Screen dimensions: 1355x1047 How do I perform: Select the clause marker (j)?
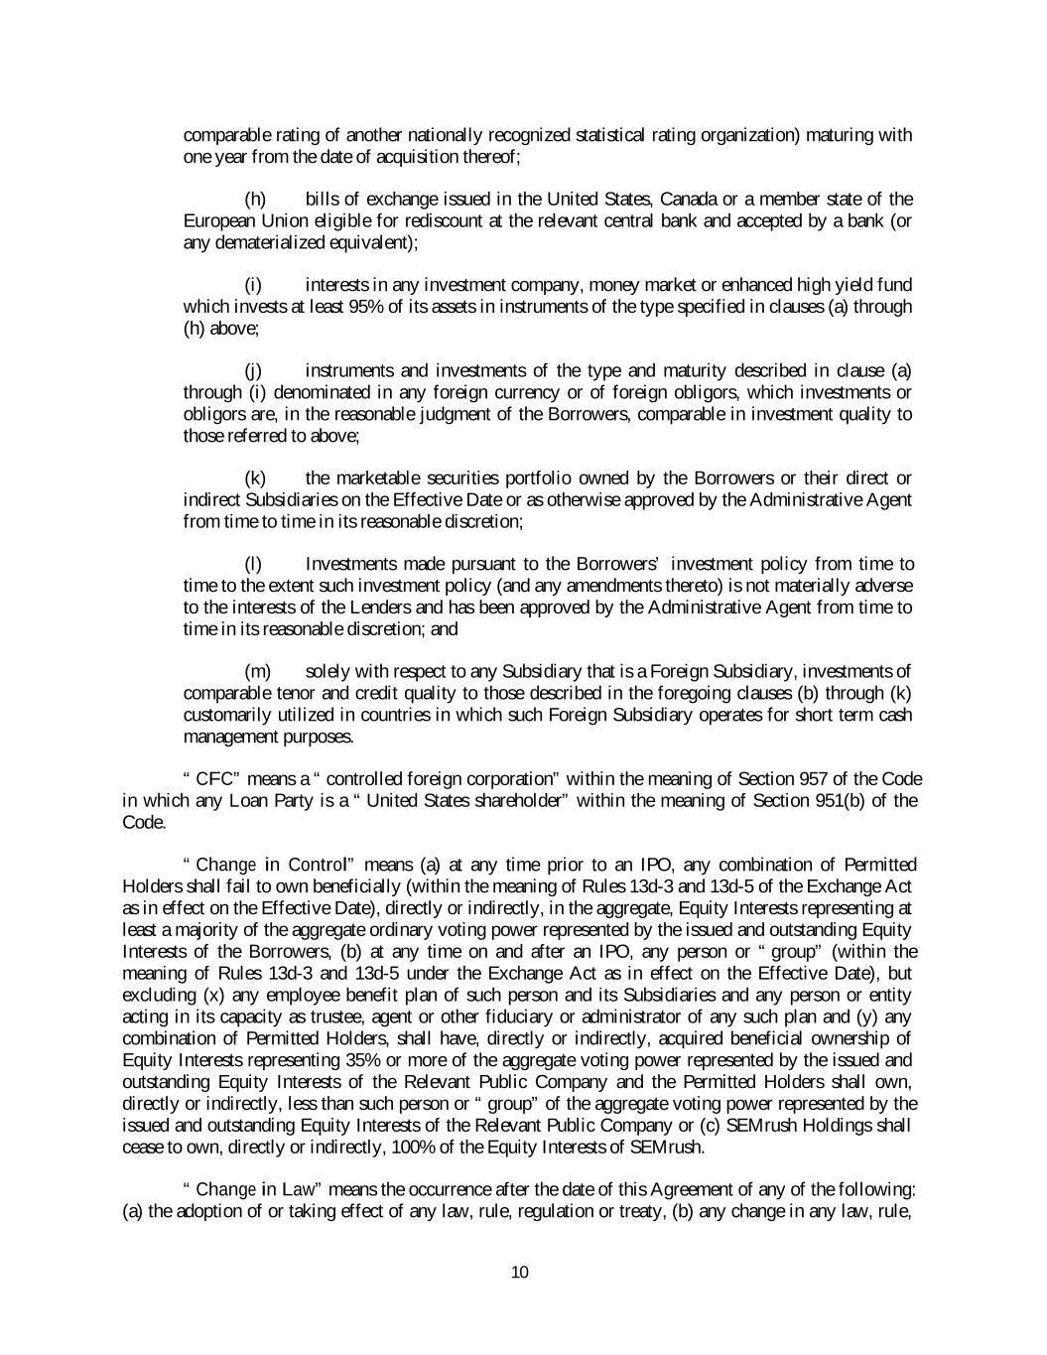(253, 371)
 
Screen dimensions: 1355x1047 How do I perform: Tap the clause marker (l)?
(253, 564)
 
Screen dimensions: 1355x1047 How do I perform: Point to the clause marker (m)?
(256, 672)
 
